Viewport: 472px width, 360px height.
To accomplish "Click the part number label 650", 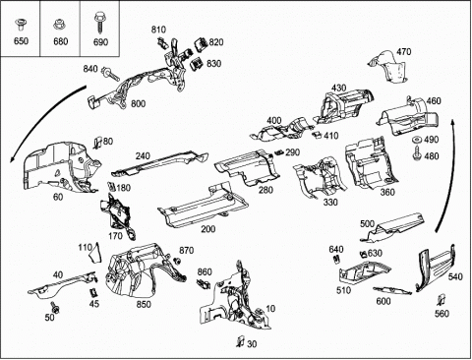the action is (21, 41).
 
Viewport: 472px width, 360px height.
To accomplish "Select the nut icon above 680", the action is (59, 25).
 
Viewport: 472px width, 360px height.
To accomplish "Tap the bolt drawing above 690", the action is (99, 23).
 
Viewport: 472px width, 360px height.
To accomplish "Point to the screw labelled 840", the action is (110, 74).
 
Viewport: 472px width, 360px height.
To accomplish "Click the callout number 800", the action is (138, 104).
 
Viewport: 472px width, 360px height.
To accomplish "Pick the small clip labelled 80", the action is (97, 142).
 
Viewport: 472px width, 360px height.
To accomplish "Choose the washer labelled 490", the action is (417, 140).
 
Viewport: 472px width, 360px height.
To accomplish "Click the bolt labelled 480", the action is (417, 153).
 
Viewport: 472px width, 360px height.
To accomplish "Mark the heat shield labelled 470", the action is (387, 67).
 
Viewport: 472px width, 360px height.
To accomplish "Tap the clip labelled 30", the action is (241, 341).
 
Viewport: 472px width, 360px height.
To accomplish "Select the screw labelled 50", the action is (55, 307).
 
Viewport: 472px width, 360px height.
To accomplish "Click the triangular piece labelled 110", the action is (95, 253).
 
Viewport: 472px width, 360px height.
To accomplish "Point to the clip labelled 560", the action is (442, 300).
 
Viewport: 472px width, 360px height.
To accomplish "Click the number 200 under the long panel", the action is (208, 228).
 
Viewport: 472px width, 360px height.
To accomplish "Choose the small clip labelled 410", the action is (316, 135).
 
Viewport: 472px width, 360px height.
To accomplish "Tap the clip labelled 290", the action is (279, 152).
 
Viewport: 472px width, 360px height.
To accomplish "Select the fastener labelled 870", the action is (177, 261).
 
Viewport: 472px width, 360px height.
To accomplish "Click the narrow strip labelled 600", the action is (392, 290).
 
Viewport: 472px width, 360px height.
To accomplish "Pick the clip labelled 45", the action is (93, 292).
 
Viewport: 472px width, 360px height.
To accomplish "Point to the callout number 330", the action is (330, 203).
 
